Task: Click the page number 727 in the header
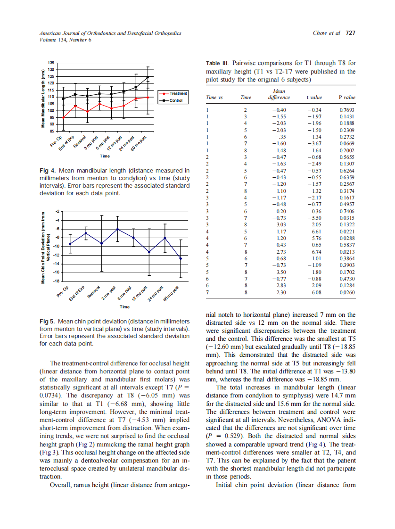(350, 33)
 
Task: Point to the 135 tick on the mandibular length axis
(51, 63)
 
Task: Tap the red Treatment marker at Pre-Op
(64, 117)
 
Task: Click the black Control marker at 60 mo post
(148, 77)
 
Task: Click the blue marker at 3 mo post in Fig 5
(117, 229)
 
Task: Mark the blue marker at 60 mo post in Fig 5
(180, 258)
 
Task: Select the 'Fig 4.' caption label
(47, 170)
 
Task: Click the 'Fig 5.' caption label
(47, 321)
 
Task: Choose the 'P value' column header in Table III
(347, 97)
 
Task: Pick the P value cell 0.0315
(347, 218)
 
